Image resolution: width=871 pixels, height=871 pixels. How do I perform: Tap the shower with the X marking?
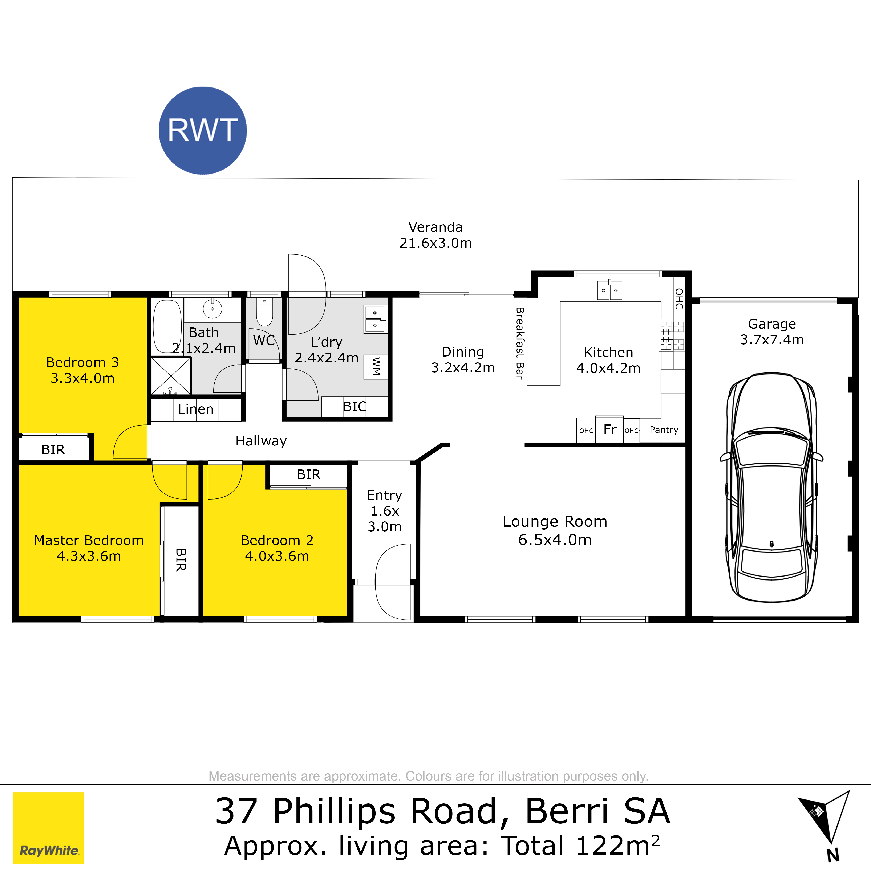[x=171, y=376]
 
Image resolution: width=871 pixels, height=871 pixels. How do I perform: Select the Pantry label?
[x=664, y=430]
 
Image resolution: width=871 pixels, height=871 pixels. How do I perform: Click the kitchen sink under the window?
[x=609, y=290]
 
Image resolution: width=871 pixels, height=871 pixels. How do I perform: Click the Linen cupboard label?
[x=196, y=409]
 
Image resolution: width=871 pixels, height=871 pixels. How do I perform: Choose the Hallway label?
[x=261, y=441]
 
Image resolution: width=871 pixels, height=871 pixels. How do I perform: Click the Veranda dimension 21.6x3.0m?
[x=435, y=243]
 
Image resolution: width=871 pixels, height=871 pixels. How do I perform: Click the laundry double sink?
[x=375, y=319]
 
